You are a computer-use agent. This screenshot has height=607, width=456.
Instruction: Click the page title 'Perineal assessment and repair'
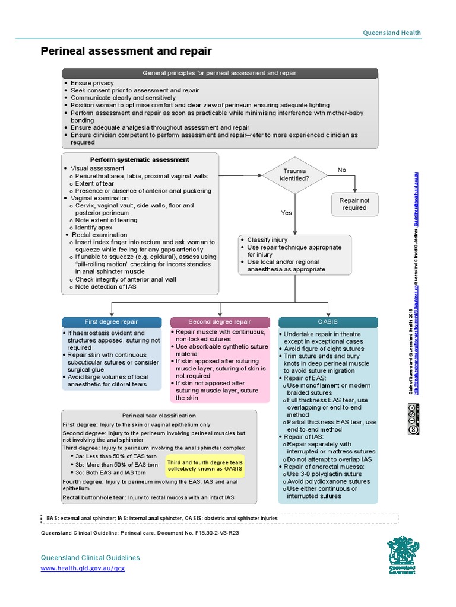(126, 52)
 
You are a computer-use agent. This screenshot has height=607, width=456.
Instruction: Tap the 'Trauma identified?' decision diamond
(295, 174)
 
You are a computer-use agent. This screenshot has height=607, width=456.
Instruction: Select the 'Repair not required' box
(354, 204)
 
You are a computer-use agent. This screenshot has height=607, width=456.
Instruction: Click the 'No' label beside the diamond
(342, 170)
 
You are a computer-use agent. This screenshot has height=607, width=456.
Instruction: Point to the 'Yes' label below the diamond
(287, 212)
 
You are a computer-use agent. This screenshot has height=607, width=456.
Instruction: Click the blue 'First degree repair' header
(112, 322)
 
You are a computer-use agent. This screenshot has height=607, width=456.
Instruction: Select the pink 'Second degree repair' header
(220, 322)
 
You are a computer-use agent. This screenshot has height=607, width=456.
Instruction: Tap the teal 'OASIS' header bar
(328, 322)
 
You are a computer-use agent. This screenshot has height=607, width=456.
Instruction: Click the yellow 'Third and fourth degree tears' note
(205, 465)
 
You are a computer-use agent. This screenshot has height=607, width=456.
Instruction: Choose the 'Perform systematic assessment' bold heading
(140, 159)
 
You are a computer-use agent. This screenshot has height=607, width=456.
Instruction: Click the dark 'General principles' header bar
(220, 73)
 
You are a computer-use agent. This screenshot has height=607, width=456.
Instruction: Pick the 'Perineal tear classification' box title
(159, 416)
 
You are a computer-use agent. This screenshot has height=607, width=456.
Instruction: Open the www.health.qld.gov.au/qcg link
(83, 568)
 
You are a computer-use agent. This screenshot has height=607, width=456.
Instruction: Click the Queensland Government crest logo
(402, 555)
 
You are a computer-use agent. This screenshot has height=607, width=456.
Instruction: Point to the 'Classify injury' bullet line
(267, 239)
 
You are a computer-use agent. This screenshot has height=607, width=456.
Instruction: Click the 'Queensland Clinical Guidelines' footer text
(90, 558)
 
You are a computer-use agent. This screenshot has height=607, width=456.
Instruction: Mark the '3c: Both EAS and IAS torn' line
(110, 472)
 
